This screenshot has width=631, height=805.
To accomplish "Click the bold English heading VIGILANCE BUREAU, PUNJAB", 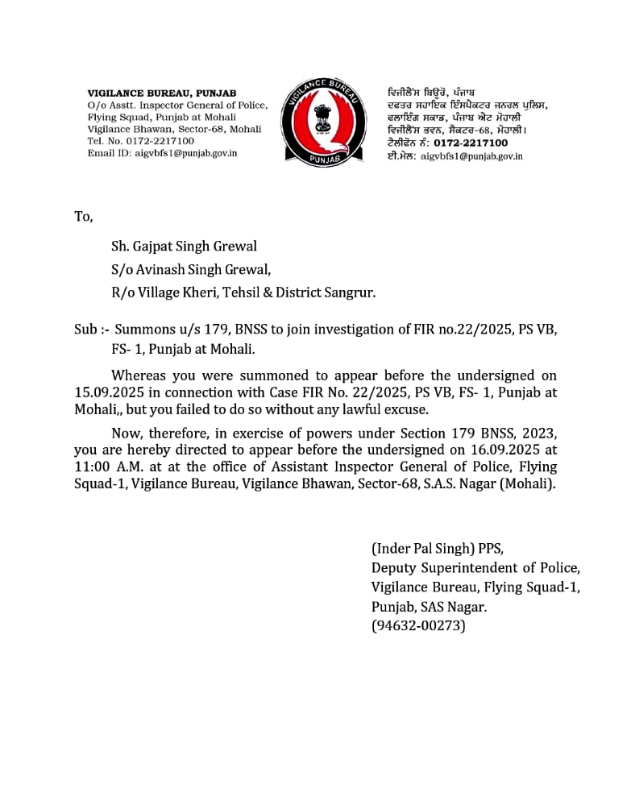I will tap(161, 93).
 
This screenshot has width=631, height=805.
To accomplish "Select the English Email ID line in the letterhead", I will tap(162, 153).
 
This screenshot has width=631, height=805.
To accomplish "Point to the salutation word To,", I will tap(83, 217).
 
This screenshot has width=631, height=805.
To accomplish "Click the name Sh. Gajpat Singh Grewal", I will tap(184, 247).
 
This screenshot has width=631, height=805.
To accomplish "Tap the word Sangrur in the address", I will tap(349, 293).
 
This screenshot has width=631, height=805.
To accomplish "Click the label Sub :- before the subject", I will tap(91, 329).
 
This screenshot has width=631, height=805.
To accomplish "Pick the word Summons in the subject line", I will tap(145, 329).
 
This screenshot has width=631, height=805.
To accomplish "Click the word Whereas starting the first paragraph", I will tap(139, 376).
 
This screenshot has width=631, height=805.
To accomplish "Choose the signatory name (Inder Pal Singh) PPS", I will tap(437, 549).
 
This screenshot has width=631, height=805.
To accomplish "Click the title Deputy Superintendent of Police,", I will tap(475, 568).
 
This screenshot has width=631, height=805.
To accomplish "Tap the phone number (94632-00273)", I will tap(418, 625).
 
